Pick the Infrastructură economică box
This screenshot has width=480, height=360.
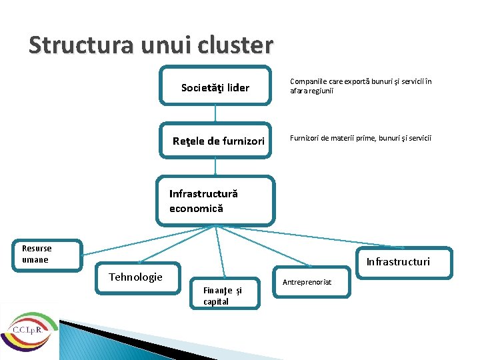215,201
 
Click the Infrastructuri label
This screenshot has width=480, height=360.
398,261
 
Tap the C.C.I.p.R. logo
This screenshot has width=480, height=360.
28,330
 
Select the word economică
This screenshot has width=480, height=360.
196,208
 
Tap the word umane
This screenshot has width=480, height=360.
35,259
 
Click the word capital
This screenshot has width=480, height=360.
216,301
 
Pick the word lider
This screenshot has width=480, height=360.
237,87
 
